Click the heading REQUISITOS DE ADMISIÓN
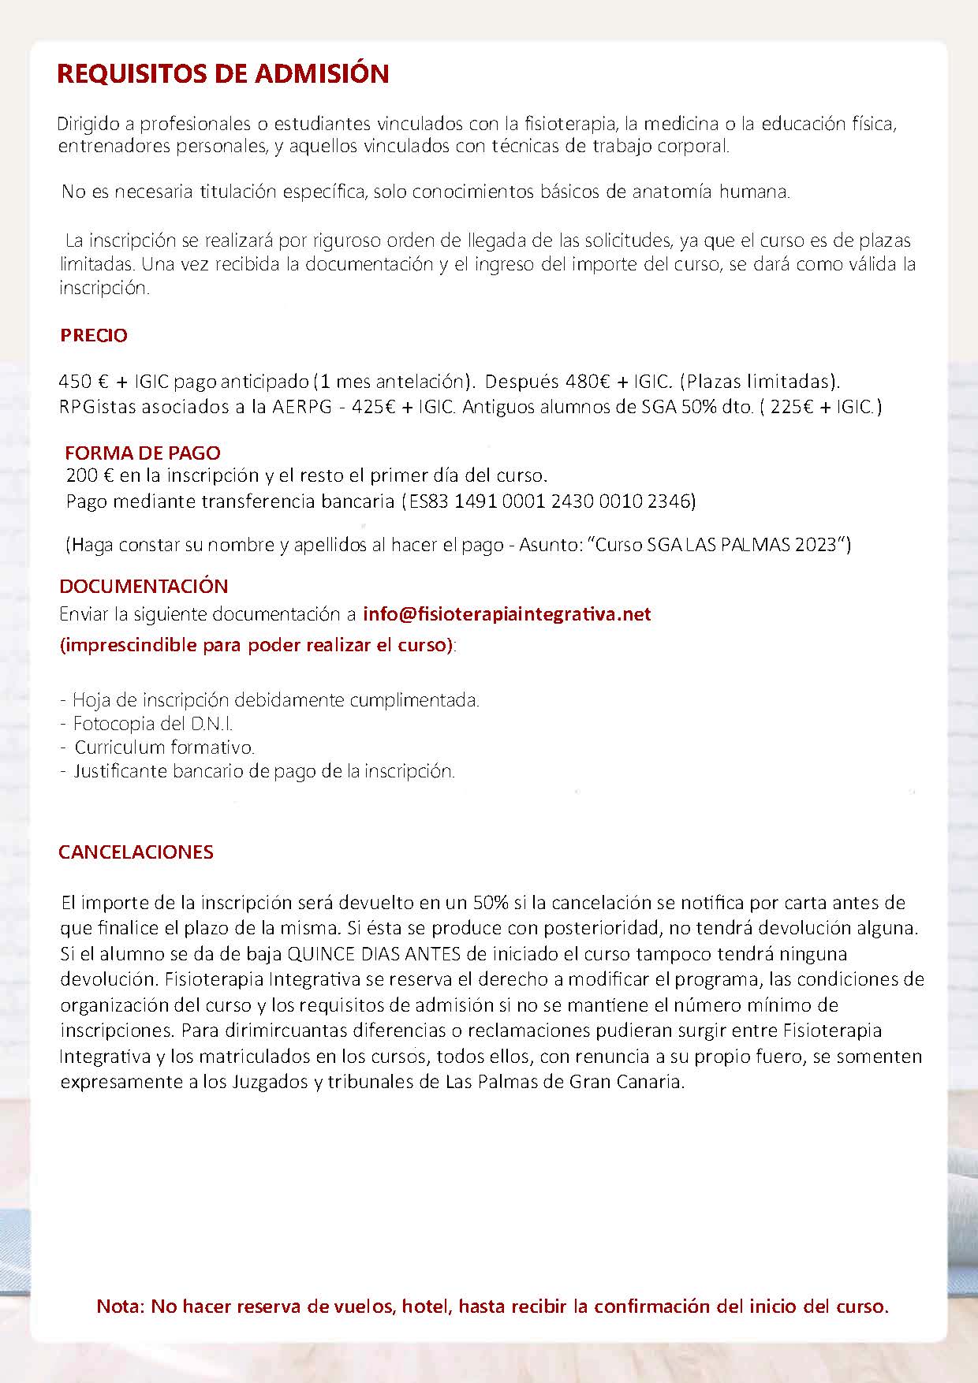[223, 74]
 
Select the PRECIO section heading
[94, 336]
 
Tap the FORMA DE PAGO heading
[143, 453]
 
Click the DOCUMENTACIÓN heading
[144, 587]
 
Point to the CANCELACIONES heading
[136, 852]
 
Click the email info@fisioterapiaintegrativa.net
[506, 614]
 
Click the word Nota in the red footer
[120, 1307]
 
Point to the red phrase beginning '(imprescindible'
[256, 646]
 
